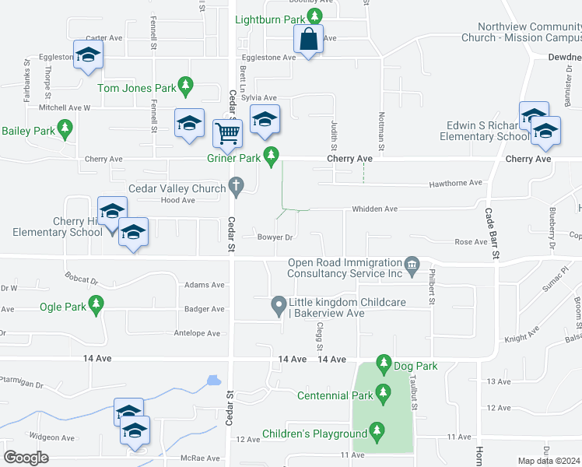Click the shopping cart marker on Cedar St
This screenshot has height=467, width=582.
pyautogui.click(x=226, y=132)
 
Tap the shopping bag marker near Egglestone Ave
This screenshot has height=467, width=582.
pyautogui.click(x=309, y=40)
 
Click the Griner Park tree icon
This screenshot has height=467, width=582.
pyautogui.click(x=271, y=158)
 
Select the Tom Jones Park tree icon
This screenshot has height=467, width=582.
pyautogui.click(x=185, y=83)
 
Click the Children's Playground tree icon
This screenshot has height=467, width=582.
pyautogui.click(x=377, y=430)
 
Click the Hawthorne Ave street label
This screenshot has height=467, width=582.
pyautogui.click(x=456, y=184)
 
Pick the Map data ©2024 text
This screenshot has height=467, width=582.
pyautogui.click(x=549, y=461)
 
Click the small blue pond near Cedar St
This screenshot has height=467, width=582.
pyautogui.click(x=212, y=381)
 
